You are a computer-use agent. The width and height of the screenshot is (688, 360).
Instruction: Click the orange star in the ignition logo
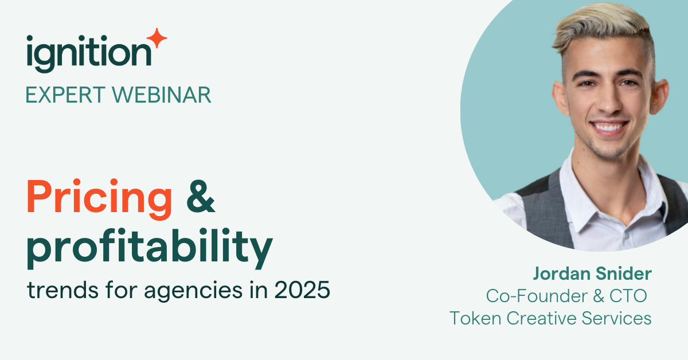157,38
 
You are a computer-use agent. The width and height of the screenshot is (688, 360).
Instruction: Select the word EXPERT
66,95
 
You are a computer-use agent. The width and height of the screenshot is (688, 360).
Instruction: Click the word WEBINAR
162,95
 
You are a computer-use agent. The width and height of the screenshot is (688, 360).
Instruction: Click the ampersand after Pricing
201,197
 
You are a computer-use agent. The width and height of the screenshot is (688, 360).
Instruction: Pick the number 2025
302,289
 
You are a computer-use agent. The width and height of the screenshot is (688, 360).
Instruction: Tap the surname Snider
624,273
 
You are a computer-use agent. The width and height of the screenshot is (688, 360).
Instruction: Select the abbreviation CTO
628,296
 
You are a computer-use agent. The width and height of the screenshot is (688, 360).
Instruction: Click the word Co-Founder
537,296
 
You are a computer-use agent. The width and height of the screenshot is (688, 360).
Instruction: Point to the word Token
475,318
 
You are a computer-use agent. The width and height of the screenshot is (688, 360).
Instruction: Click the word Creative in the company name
541,318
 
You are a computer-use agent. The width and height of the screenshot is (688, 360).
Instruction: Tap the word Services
616,318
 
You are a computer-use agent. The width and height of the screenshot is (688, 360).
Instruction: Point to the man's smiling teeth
608,127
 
